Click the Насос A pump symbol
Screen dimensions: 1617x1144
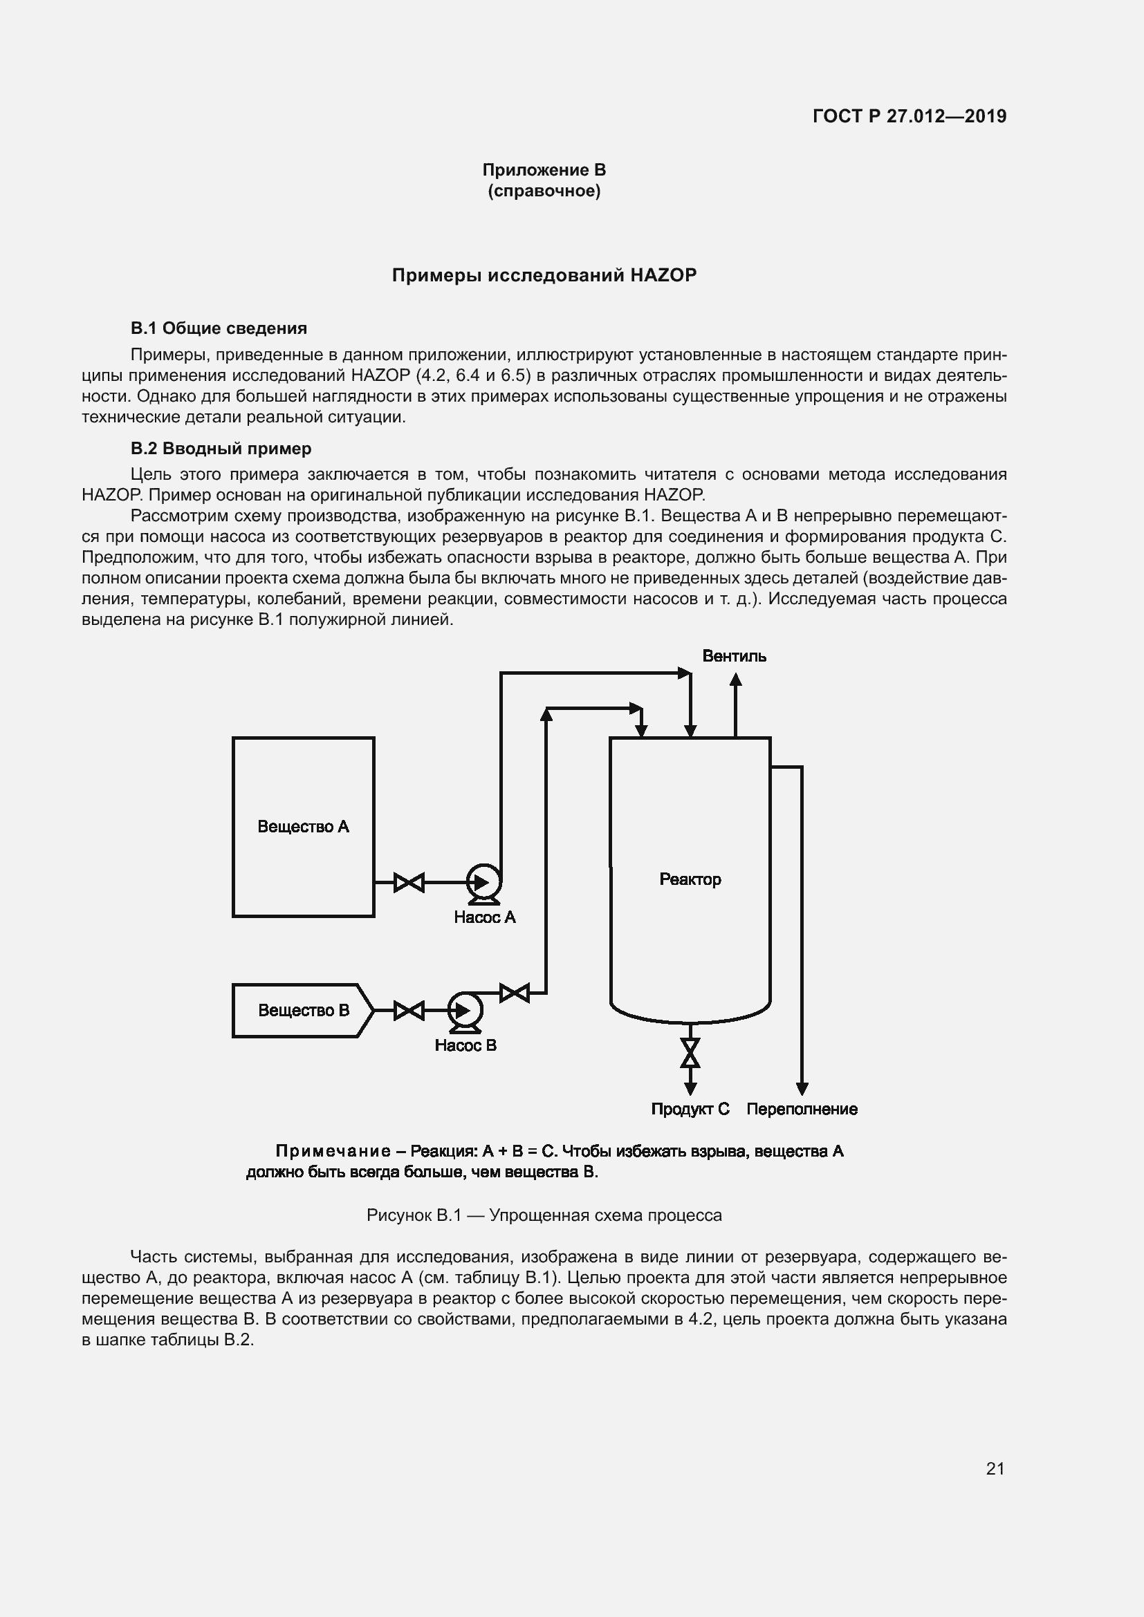coord(483,881)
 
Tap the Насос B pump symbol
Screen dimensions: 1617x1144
coord(464,1011)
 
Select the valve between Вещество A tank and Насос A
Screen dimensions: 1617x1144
coord(409,881)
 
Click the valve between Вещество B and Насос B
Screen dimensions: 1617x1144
coord(409,1011)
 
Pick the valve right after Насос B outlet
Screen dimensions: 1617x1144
coord(514,993)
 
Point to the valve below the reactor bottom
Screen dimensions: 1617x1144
coord(690,1053)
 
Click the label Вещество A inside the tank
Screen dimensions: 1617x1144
coord(303,826)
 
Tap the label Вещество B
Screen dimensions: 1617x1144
coord(303,1011)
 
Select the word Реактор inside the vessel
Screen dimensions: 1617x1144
coord(690,879)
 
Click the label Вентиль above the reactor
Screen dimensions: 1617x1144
coord(734,656)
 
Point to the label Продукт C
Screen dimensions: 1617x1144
coord(690,1109)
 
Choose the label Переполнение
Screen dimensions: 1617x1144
coord(802,1109)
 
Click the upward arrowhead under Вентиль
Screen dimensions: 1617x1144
coord(735,679)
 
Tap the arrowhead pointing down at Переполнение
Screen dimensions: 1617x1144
coord(802,1089)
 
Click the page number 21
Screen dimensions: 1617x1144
coord(995,1468)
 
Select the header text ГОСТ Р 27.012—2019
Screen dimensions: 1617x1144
coord(910,116)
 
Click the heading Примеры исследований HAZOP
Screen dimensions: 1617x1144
coord(544,275)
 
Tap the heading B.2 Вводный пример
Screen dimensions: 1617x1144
coord(221,449)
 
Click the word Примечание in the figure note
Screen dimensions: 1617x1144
coord(333,1151)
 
